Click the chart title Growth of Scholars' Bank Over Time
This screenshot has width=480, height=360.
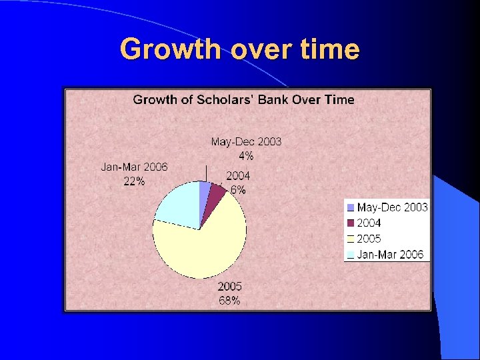click(x=243, y=100)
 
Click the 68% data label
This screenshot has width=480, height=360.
click(x=229, y=301)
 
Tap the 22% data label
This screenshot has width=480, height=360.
click(x=134, y=182)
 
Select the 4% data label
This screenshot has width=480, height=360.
click(x=246, y=156)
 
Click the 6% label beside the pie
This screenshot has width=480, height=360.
click(x=238, y=190)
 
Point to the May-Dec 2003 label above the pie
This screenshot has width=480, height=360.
click(x=246, y=141)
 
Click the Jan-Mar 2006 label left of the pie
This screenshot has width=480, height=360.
click(x=134, y=167)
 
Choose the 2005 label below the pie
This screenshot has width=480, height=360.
click(x=229, y=287)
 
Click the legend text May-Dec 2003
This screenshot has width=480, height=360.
click(x=392, y=207)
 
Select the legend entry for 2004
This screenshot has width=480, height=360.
click(x=369, y=223)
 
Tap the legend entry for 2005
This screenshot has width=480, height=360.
click(x=369, y=239)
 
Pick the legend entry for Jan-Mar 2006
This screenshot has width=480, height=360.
click(x=390, y=254)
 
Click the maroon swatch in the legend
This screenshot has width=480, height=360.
click(x=350, y=223)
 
